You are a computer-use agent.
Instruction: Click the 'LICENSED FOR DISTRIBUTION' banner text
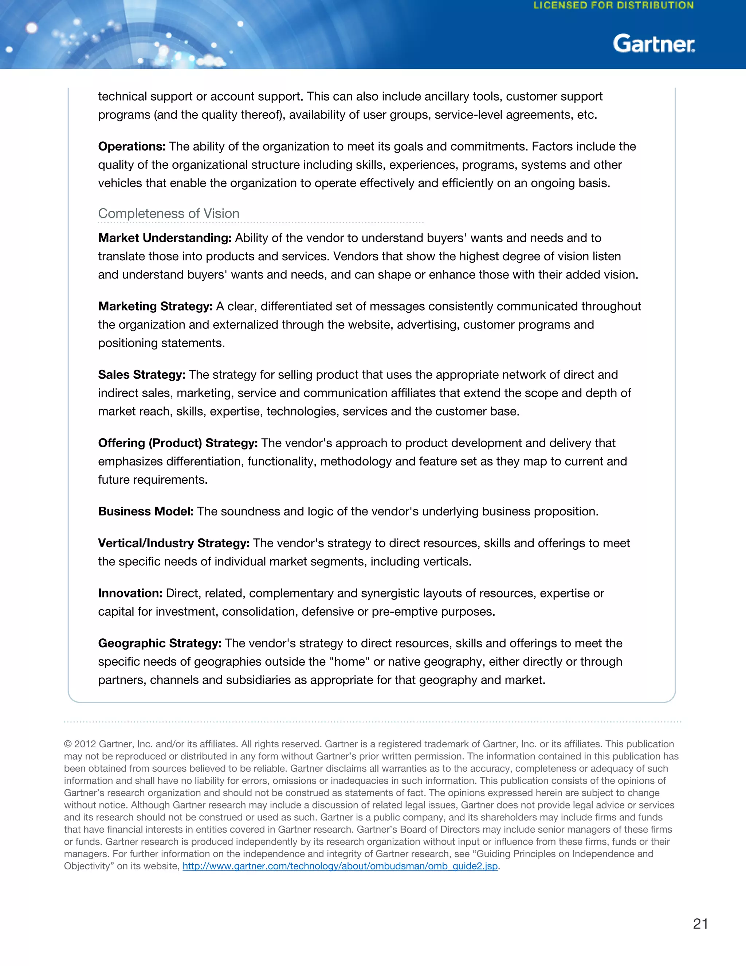[613, 6]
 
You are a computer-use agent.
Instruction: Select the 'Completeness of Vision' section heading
[168, 213]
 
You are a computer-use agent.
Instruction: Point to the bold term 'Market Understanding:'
[164, 238]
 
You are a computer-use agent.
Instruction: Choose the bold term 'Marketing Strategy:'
[155, 306]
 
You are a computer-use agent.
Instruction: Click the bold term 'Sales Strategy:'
[141, 375]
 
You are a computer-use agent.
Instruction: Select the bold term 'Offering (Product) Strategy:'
[178, 443]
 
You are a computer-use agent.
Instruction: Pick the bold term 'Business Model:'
[146, 511]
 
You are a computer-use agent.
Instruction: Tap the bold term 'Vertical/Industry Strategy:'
[174, 543]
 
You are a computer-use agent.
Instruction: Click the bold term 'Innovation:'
[130, 593]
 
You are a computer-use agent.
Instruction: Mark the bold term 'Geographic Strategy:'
[160, 643]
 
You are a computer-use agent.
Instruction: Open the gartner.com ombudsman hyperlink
[340, 866]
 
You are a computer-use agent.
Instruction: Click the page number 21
[700, 924]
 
